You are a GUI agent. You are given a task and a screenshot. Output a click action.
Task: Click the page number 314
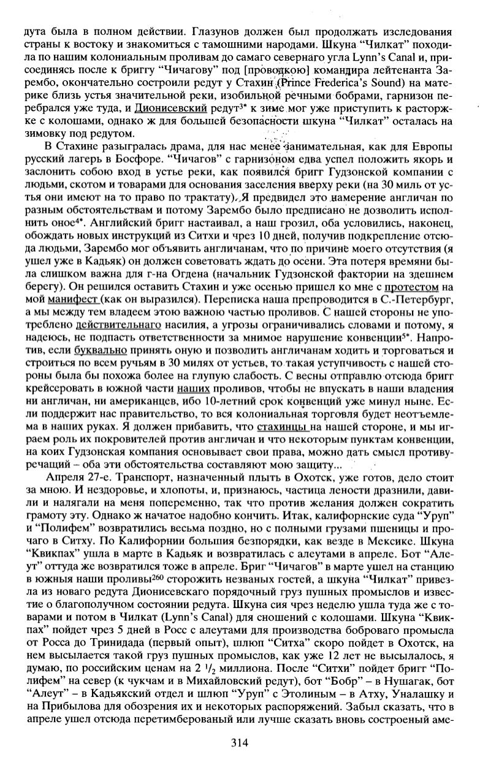point(239,743)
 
